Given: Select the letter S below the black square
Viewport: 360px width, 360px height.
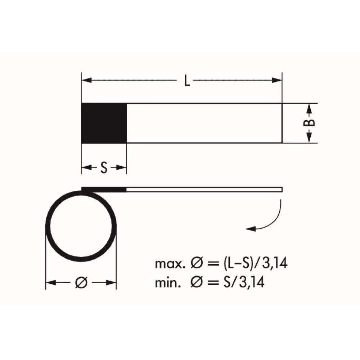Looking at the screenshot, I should point(104,168).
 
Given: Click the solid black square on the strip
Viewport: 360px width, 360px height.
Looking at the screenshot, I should point(104,123).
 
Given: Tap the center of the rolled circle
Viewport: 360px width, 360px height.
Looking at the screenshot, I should point(81,226).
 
